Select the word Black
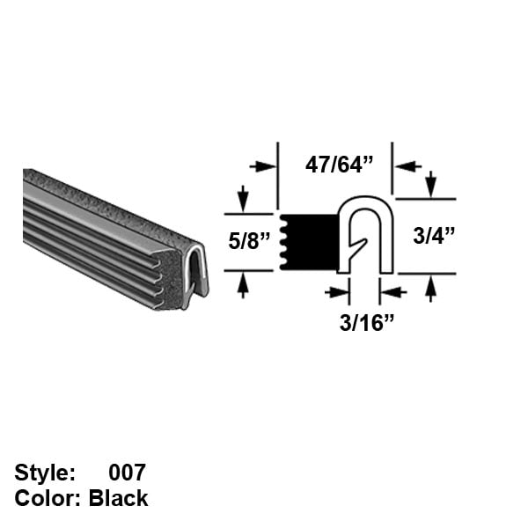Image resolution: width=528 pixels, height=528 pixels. pos(119,498)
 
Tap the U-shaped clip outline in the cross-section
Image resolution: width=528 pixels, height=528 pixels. pos(366,207)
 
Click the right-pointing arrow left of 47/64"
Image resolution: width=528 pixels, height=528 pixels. pos(262,165)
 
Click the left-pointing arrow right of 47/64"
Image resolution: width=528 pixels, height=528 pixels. pos(407,165)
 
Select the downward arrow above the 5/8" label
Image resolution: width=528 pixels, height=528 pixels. pos(244,197)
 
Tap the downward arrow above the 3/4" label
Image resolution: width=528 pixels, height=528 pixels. pos(430,185)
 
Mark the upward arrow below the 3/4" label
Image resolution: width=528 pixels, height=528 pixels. pos(430,287)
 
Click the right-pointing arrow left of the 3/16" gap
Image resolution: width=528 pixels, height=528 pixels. pos(336,292)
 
